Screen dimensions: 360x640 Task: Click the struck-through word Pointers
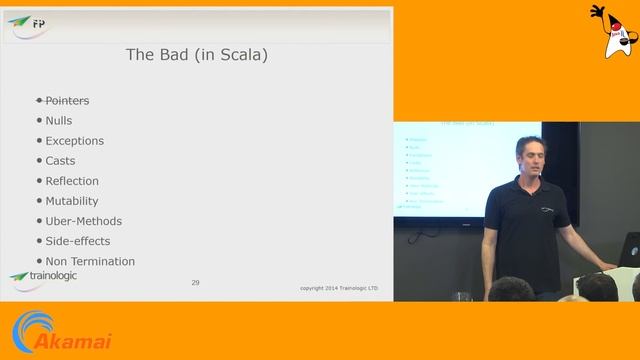pyautogui.click(x=67, y=101)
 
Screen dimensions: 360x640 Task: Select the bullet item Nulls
pyautogui.click(x=59, y=121)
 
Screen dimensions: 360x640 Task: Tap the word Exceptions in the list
pyautogui.click(x=74, y=141)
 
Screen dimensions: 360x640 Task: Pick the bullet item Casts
pyautogui.click(x=60, y=161)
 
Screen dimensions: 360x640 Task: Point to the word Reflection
pyautogui.click(x=72, y=181)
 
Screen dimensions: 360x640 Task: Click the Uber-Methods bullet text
pyautogui.click(x=83, y=221)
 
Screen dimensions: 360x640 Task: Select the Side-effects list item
pyautogui.click(x=77, y=241)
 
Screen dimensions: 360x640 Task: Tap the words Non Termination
pyautogui.click(x=90, y=261)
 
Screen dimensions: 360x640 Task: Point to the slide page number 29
pyautogui.click(x=195, y=283)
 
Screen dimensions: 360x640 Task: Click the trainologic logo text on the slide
pyautogui.click(x=50, y=275)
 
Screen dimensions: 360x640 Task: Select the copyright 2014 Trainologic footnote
pyautogui.click(x=339, y=288)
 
